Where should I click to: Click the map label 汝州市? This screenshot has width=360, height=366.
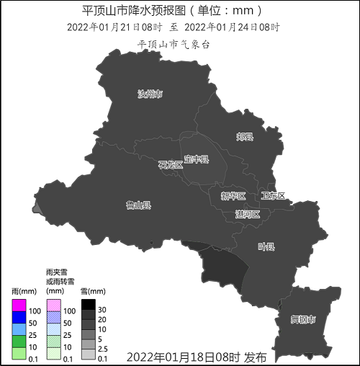click(150, 94)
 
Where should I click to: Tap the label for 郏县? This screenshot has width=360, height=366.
click(245, 136)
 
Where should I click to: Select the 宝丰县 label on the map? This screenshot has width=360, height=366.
click(196, 159)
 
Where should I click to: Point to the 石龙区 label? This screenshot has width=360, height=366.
click(171, 165)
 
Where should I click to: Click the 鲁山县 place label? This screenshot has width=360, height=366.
click(138, 205)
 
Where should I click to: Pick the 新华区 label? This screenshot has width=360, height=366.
click(233, 196)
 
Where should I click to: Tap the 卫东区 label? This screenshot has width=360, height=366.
click(273, 196)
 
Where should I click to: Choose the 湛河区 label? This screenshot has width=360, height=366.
click(247, 214)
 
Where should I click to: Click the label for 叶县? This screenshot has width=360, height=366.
click(266, 246)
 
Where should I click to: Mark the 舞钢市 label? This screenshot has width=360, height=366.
click(302, 318)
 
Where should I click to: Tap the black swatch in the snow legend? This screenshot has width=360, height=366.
click(88, 303)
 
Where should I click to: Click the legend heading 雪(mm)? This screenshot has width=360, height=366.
click(93, 291)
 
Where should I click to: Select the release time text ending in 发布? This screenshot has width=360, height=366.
click(196, 357)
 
